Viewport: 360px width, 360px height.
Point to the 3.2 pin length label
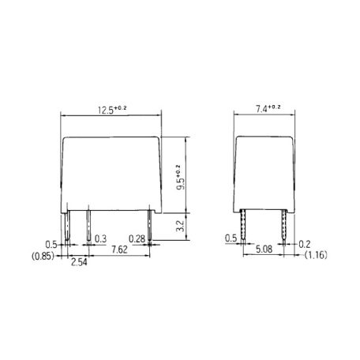180,226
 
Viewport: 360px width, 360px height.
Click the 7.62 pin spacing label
119,249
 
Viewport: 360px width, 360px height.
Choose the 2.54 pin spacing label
79,262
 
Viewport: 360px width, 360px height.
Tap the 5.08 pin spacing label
264,249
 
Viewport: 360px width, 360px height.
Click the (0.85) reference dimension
43,256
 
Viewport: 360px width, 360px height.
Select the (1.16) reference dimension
316,255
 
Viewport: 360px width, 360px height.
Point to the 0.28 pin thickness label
137,239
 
